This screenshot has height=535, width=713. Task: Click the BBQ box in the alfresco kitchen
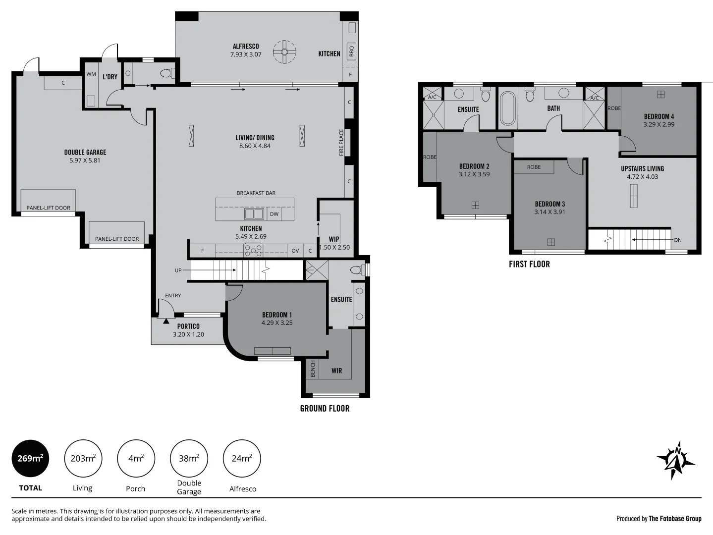pyautogui.click(x=352, y=51)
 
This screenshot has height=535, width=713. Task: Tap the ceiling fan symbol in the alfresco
pyautogui.click(x=285, y=52)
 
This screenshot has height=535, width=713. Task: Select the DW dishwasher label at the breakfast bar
pyautogui.click(x=274, y=214)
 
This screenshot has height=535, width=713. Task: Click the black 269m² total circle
pyautogui.click(x=30, y=458)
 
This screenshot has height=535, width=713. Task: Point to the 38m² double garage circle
pyautogui.click(x=189, y=458)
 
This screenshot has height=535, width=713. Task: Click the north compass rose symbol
pyautogui.click(x=675, y=460)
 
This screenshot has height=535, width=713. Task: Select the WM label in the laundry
pyautogui.click(x=91, y=74)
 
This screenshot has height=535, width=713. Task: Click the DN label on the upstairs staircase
pyautogui.click(x=677, y=240)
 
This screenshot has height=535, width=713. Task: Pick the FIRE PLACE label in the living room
pyautogui.click(x=341, y=143)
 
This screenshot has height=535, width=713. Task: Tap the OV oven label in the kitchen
pyautogui.click(x=295, y=251)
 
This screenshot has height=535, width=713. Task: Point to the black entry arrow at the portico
pyautogui.click(x=165, y=321)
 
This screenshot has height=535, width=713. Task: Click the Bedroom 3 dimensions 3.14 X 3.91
pyautogui.click(x=549, y=212)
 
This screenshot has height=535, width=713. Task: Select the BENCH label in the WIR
pyautogui.click(x=313, y=369)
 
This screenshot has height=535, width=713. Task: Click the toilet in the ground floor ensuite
pyautogui.click(x=356, y=270)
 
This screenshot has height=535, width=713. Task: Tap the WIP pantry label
pyautogui.click(x=334, y=239)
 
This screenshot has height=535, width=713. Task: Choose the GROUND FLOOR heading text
pyautogui.click(x=325, y=408)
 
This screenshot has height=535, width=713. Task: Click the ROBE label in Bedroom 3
pyautogui.click(x=534, y=167)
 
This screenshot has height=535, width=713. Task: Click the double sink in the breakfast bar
pyautogui.click(x=254, y=214)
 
